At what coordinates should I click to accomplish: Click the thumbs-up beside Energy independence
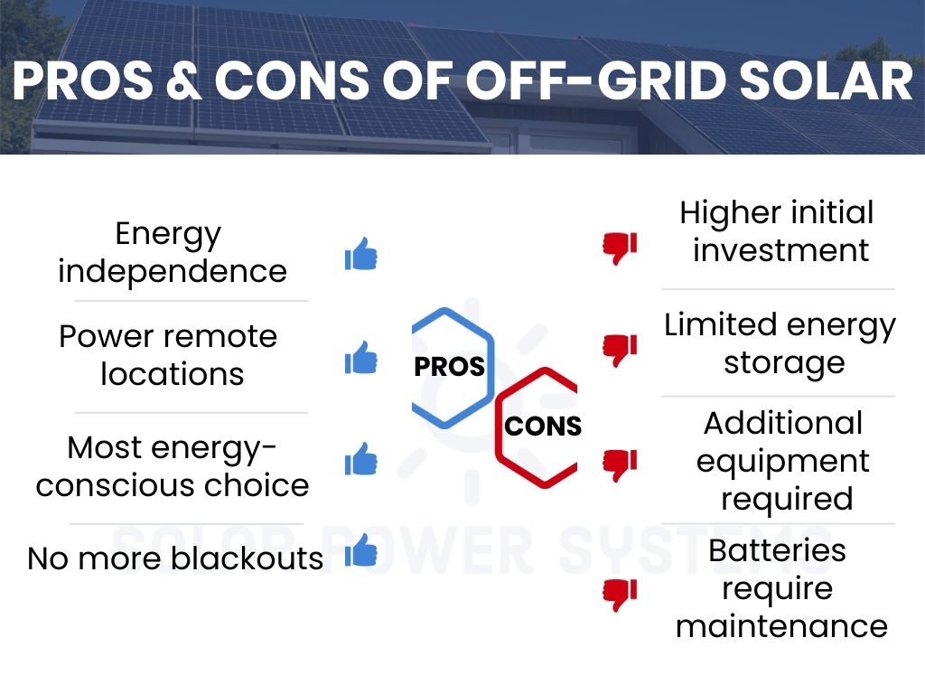(360, 255)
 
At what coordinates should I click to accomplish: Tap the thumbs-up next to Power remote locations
(360, 359)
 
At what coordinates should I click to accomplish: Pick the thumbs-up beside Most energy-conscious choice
(360, 460)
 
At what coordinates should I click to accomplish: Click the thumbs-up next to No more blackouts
(360, 550)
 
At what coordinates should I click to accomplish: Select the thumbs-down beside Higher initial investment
(620, 248)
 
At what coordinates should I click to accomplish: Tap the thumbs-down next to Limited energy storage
(620, 350)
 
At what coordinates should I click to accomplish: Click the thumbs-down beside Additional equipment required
(620, 464)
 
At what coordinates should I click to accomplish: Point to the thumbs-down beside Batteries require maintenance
(620, 594)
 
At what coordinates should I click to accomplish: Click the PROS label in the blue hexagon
(449, 367)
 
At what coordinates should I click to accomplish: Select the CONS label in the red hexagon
(542, 426)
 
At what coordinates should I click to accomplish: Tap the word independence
(173, 271)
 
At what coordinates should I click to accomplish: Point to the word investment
(780, 250)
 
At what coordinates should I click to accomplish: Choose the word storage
(784, 363)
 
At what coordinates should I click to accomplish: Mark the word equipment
(782, 461)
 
